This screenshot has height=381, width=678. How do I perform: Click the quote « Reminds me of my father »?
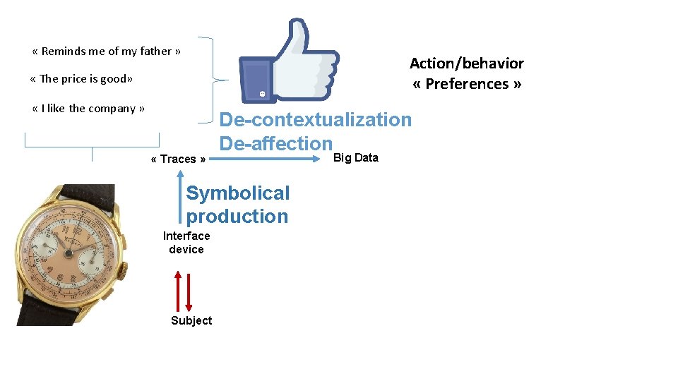tap(107, 51)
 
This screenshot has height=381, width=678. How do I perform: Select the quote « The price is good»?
tap(82, 78)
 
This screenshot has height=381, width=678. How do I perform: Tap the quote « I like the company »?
tap(88, 108)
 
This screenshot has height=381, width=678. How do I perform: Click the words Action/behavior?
tap(466, 64)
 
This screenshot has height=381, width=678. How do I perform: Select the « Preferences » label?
tap(467, 84)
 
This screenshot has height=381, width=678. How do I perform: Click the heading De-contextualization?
tap(315, 119)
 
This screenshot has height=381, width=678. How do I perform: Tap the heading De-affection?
tap(275, 143)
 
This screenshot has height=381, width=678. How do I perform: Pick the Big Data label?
tap(355, 157)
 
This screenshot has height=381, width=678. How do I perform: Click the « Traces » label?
tap(178, 159)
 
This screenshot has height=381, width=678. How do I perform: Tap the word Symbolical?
tap(237, 193)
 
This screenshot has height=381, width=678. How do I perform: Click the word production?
tap(237, 217)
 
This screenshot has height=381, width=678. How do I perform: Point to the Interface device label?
tap(186, 242)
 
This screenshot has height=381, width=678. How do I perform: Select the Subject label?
tap(191, 320)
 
